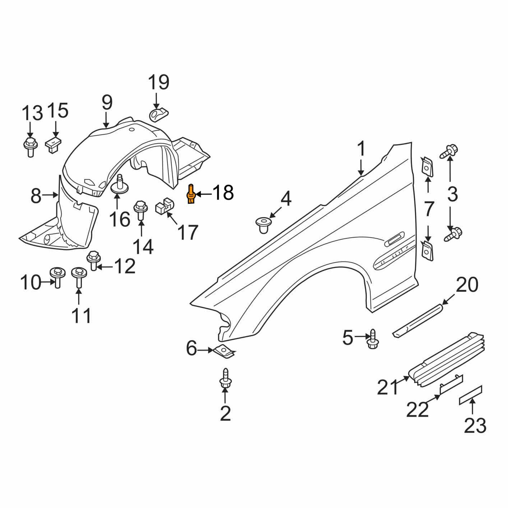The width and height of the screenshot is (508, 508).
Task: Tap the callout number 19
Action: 158,83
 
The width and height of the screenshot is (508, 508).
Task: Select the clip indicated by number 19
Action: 159,115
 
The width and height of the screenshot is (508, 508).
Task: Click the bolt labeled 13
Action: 30,146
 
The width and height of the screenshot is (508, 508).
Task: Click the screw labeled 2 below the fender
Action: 225,379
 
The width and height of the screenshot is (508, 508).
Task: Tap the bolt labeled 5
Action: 372,340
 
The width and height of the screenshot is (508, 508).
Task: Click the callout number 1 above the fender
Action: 361,149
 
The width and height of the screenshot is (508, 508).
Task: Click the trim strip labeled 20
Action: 419,319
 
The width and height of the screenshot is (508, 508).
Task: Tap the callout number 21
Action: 388,387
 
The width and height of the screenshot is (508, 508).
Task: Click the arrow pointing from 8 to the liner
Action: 50,195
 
